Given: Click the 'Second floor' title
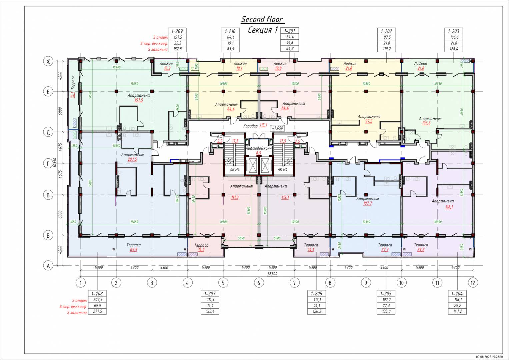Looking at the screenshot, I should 262,19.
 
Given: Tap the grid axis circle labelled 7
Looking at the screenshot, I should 294,283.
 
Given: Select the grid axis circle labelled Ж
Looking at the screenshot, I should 48,61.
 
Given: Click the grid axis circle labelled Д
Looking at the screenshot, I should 48,132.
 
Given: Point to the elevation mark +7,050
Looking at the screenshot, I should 277,128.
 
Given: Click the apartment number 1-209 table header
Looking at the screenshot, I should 177,31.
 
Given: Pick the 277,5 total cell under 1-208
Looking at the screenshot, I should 97,311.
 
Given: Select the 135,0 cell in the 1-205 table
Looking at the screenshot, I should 386,311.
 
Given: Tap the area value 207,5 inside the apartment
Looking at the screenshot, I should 132,160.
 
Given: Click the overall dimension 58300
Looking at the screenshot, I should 272,274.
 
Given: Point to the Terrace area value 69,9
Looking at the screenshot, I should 133,250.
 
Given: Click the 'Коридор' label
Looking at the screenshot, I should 250,126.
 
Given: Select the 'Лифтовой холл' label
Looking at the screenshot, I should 258,148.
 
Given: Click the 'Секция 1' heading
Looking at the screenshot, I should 263,30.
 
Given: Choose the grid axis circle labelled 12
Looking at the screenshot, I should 472,283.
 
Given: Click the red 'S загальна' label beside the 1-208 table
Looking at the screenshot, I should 77,313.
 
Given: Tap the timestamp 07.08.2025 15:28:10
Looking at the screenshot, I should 489,356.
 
